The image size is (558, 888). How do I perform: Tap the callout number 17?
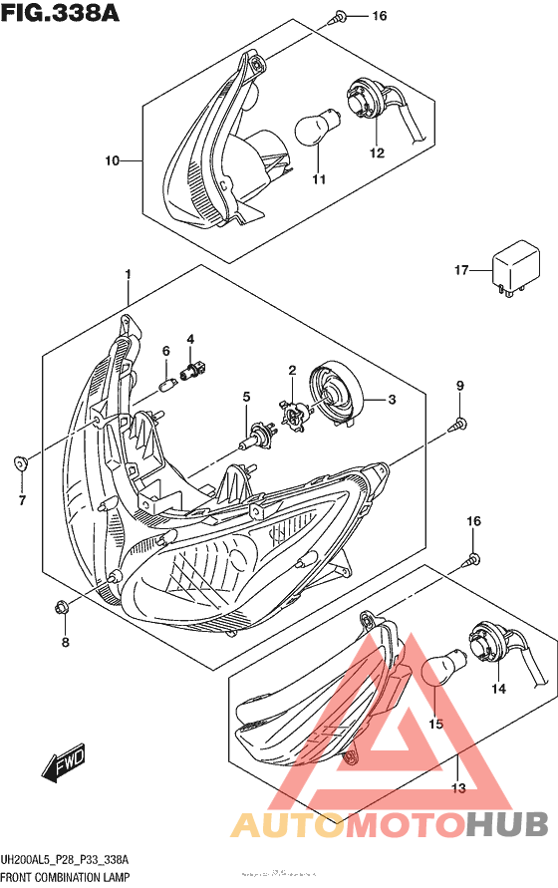(x=461, y=270)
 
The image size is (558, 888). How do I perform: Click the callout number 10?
(x=112, y=160)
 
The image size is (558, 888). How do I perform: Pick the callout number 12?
(x=377, y=152)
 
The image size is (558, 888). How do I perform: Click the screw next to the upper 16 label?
(x=341, y=16)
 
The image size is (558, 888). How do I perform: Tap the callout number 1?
(x=128, y=273)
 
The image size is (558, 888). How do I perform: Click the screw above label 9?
(x=459, y=424)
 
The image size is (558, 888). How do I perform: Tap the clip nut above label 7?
(x=21, y=463)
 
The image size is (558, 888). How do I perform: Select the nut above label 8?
(x=62, y=605)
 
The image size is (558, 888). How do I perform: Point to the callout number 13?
(x=457, y=789)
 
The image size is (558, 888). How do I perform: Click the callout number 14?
(x=497, y=688)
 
